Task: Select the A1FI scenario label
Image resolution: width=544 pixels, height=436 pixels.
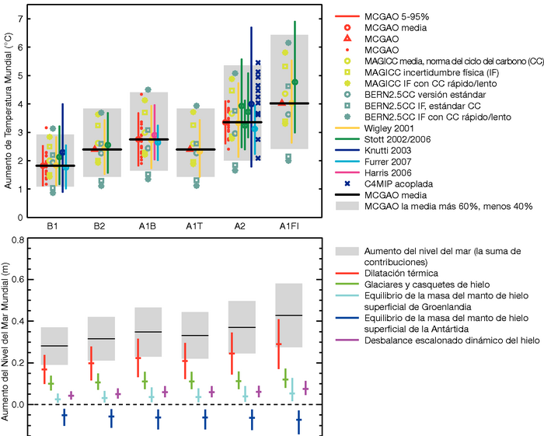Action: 288,225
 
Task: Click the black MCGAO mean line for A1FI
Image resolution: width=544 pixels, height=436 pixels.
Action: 288,103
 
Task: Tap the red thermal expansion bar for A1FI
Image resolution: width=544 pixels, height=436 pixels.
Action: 277,344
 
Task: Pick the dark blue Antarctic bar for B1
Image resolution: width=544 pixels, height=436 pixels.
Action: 64,417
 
